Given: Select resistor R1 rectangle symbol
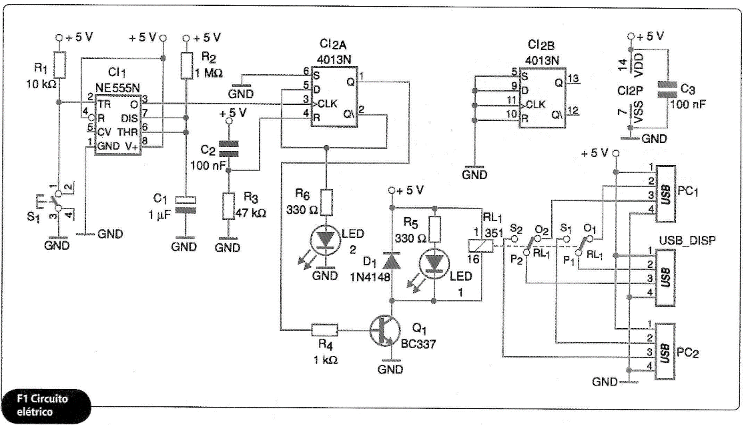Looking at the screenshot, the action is pos(59,64).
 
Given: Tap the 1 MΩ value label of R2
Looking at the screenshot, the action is pos(208,74).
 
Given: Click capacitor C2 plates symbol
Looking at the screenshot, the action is pos(228,148).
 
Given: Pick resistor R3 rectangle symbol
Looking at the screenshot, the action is pos(229,206).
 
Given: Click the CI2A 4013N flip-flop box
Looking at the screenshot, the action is pos(334,97).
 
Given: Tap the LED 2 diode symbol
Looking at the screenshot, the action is pos(326,240).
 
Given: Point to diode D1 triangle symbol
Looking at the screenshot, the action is pos(392,260).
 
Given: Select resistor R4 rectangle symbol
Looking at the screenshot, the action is pos(325,329).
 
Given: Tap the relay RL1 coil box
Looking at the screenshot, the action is pos(480,246).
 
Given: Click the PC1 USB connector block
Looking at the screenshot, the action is pos(665,194).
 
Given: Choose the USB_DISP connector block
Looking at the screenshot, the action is pos(665,277).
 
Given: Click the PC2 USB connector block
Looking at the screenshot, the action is pos(665,351).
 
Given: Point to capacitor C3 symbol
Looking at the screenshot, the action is pos(667,90).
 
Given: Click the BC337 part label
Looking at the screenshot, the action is pos(418,343).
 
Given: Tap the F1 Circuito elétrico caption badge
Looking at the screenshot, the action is pos(46,406).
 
